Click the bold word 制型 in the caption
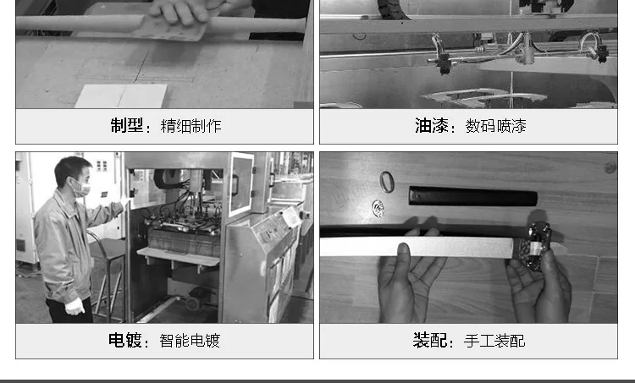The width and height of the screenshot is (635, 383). click(x=127, y=126)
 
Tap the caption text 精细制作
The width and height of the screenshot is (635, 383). click(x=190, y=126)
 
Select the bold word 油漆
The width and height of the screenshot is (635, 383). click(x=431, y=126)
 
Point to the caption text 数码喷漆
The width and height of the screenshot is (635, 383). click(x=495, y=126)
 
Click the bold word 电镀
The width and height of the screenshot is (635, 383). click(x=124, y=341)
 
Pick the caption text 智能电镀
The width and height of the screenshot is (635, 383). click(x=190, y=341)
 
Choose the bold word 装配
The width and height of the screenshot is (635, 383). click(x=429, y=341)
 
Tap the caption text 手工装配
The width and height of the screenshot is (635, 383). click(x=494, y=341)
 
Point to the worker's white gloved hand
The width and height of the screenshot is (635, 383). click(x=75, y=307)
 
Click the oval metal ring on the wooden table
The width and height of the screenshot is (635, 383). click(x=387, y=182)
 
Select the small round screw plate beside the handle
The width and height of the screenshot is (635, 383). click(x=378, y=208)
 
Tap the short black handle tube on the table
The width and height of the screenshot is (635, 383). click(x=472, y=197)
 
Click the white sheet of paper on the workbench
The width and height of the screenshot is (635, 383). click(x=121, y=96)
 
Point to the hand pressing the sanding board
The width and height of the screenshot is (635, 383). click(x=180, y=11)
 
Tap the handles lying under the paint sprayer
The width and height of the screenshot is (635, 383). click(x=484, y=97)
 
